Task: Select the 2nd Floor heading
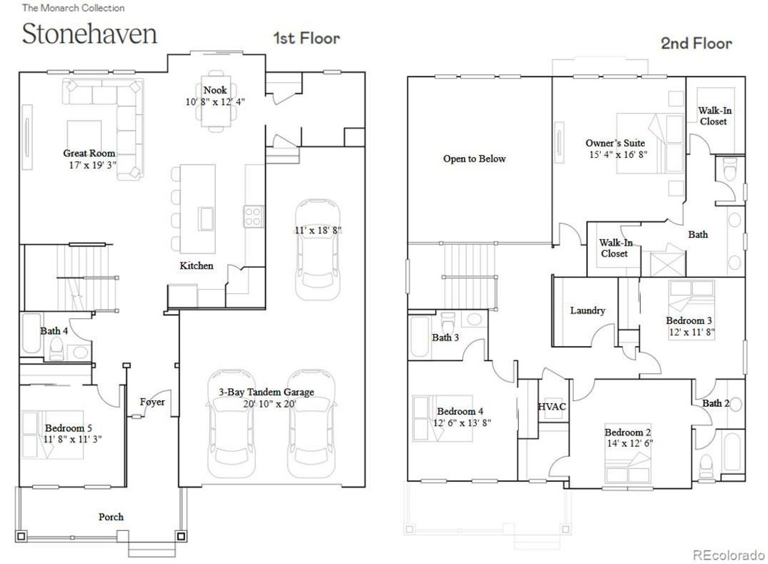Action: pos(696,43)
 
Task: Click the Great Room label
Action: pos(89,154)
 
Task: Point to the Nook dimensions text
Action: pos(215,102)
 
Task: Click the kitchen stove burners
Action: pos(253,215)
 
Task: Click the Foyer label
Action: pos(152,402)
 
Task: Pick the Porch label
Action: pos(111,517)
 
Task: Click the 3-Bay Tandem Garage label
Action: pos(266,392)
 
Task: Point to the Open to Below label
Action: pos(474,159)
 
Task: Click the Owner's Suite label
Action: pos(615,143)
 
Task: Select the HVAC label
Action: pos(552,407)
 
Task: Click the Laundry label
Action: pos(587,311)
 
